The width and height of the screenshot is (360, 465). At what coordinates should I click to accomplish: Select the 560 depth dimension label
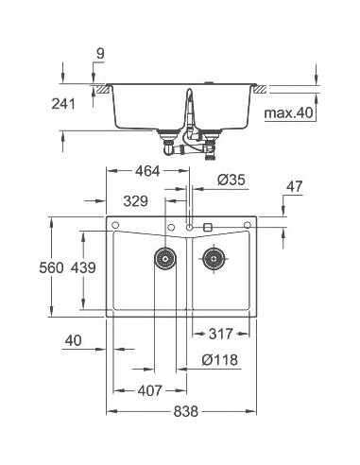[52, 267]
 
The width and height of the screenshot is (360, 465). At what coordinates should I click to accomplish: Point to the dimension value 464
[147, 171]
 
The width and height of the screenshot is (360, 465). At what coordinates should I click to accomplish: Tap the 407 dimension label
[146, 389]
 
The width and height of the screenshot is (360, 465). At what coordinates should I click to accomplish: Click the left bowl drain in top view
[165, 257]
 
